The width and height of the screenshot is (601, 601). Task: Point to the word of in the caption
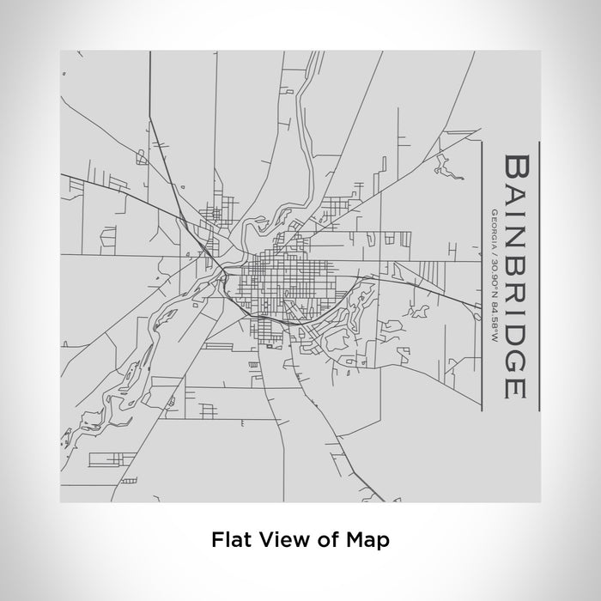(x=326, y=541)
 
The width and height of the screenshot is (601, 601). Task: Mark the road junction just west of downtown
(x=222, y=270)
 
